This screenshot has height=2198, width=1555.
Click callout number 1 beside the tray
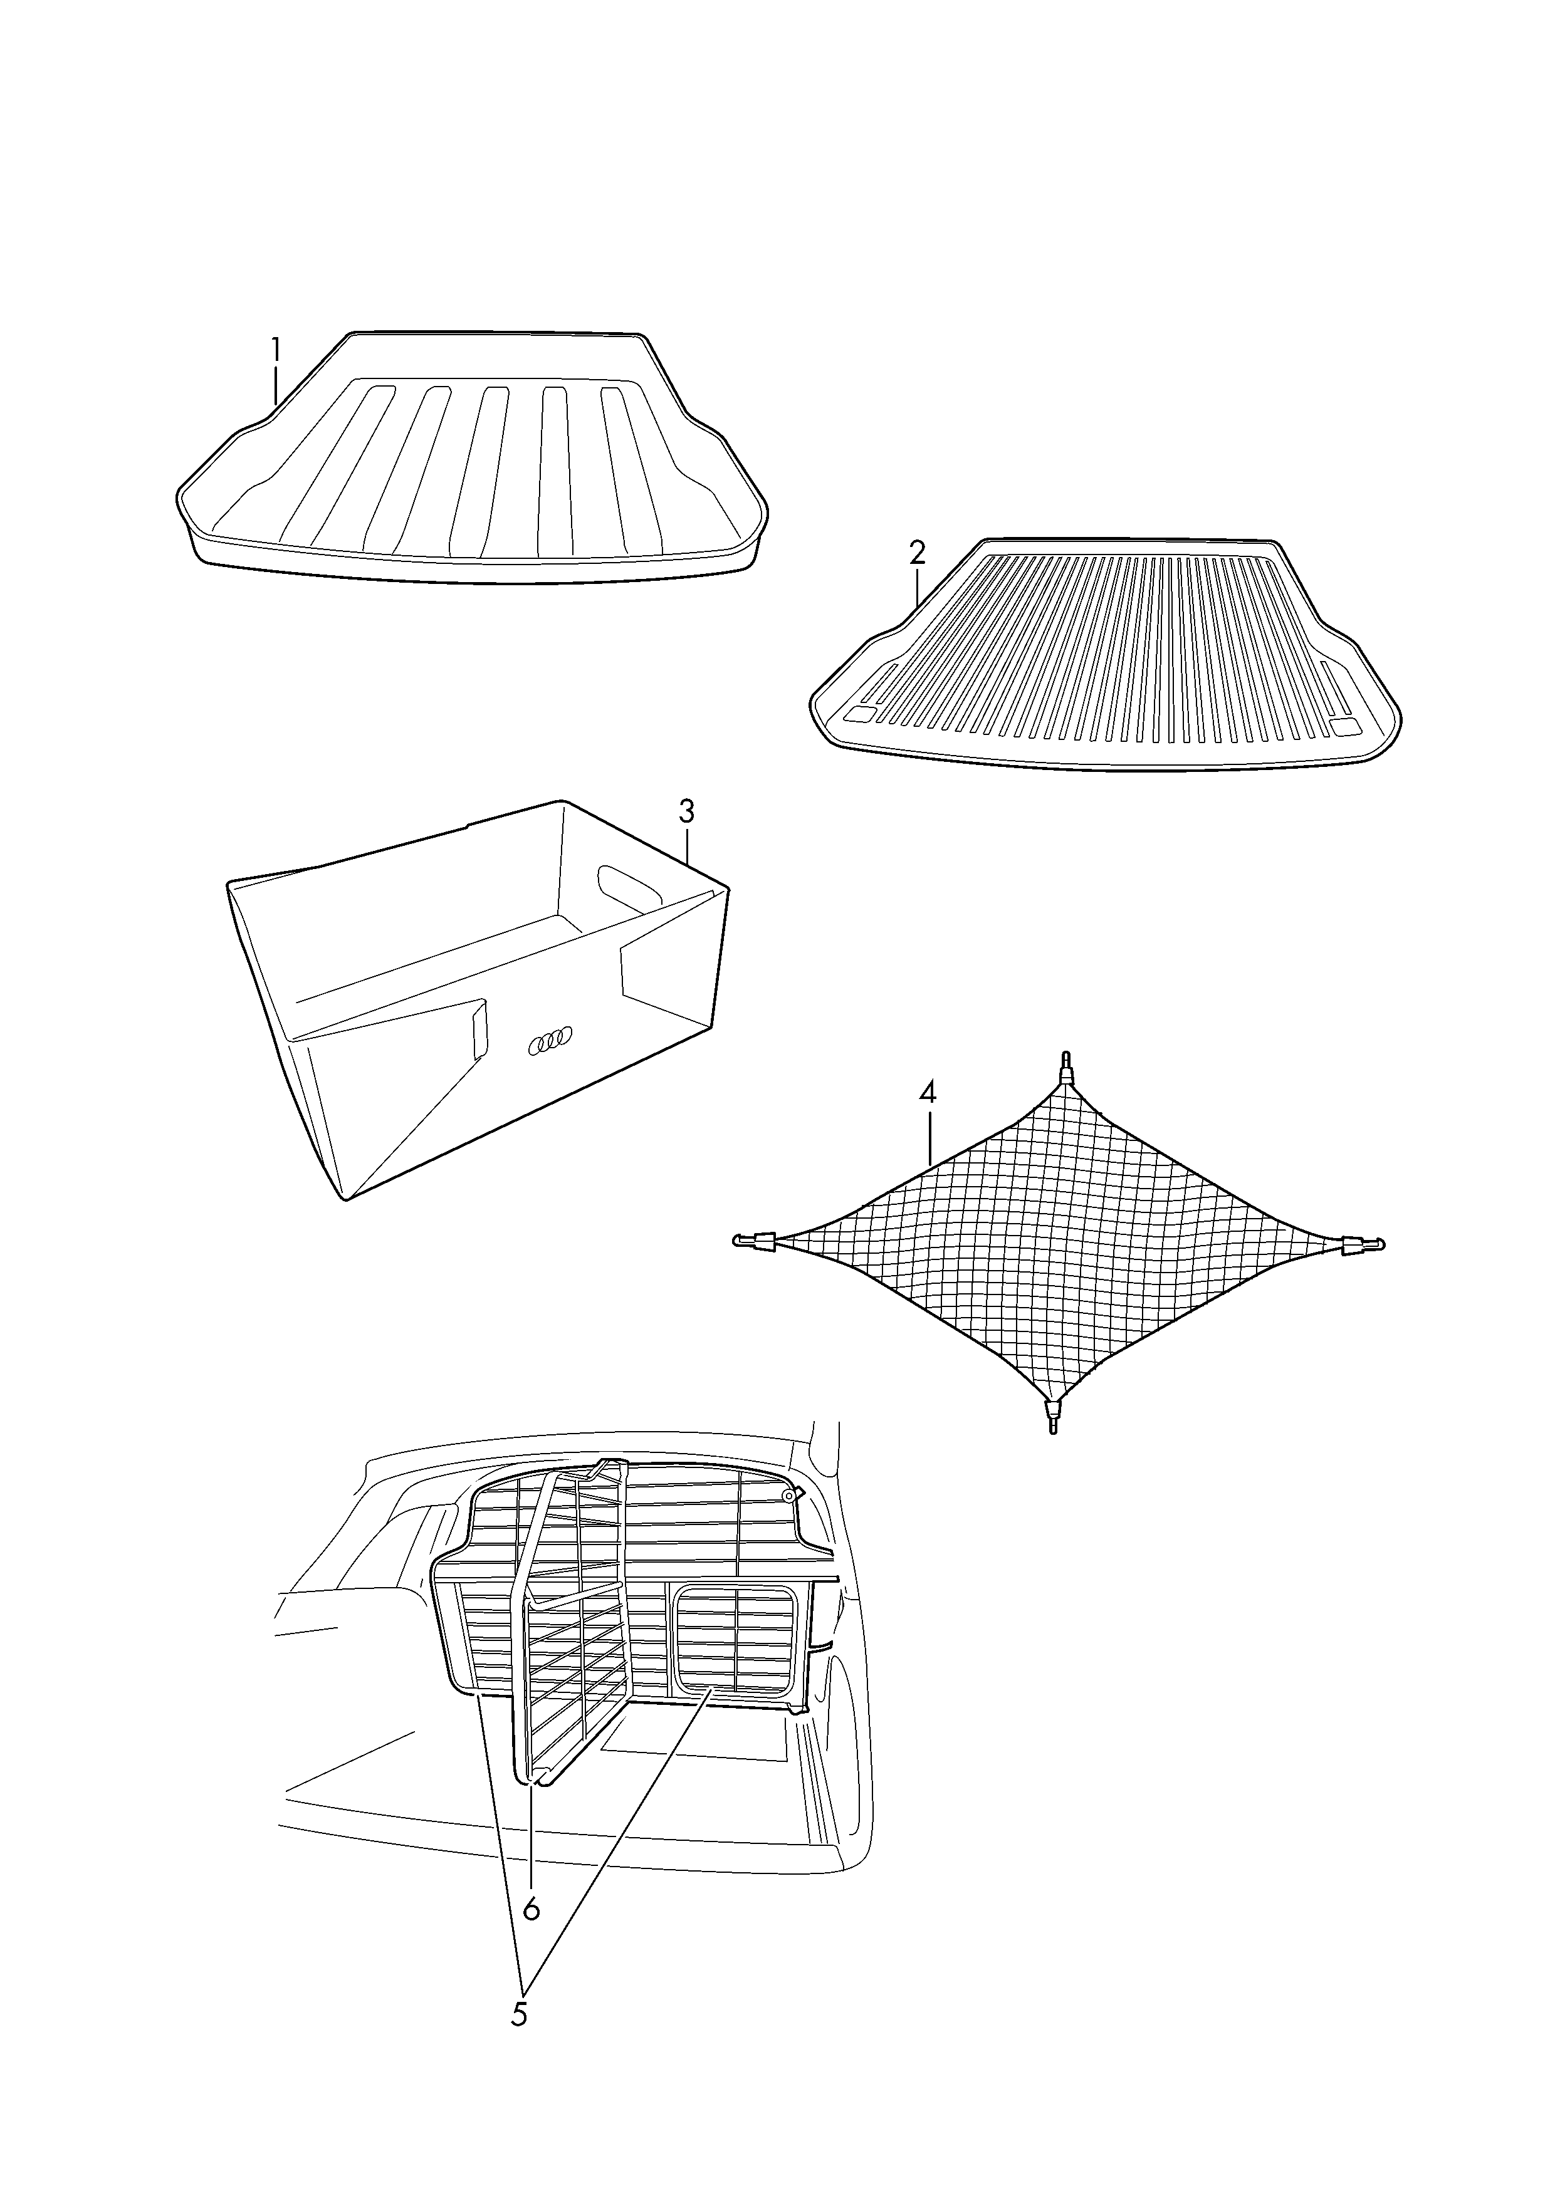click(276, 350)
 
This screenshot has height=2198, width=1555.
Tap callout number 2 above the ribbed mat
click(918, 553)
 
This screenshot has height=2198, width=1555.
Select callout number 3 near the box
click(686, 812)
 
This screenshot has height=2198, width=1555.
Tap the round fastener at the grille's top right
click(789, 1496)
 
